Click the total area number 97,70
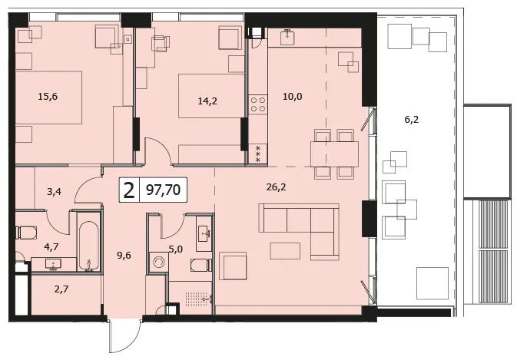[163, 190]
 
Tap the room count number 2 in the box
[129, 190]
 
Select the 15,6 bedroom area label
[48, 97]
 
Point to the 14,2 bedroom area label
[207, 101]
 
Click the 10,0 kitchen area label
[293, 97]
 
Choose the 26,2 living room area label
[276, 187]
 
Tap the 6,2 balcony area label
[411, 120]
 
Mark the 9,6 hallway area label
[124, 255]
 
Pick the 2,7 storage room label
[61, 289]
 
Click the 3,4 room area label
[54, 191]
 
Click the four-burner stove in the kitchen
[257, 104]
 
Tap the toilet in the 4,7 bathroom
[26, 233]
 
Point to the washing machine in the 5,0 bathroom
[158, 263]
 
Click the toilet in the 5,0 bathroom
[201, 265]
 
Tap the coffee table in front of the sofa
[285, 251]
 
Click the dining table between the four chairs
[334, 154]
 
